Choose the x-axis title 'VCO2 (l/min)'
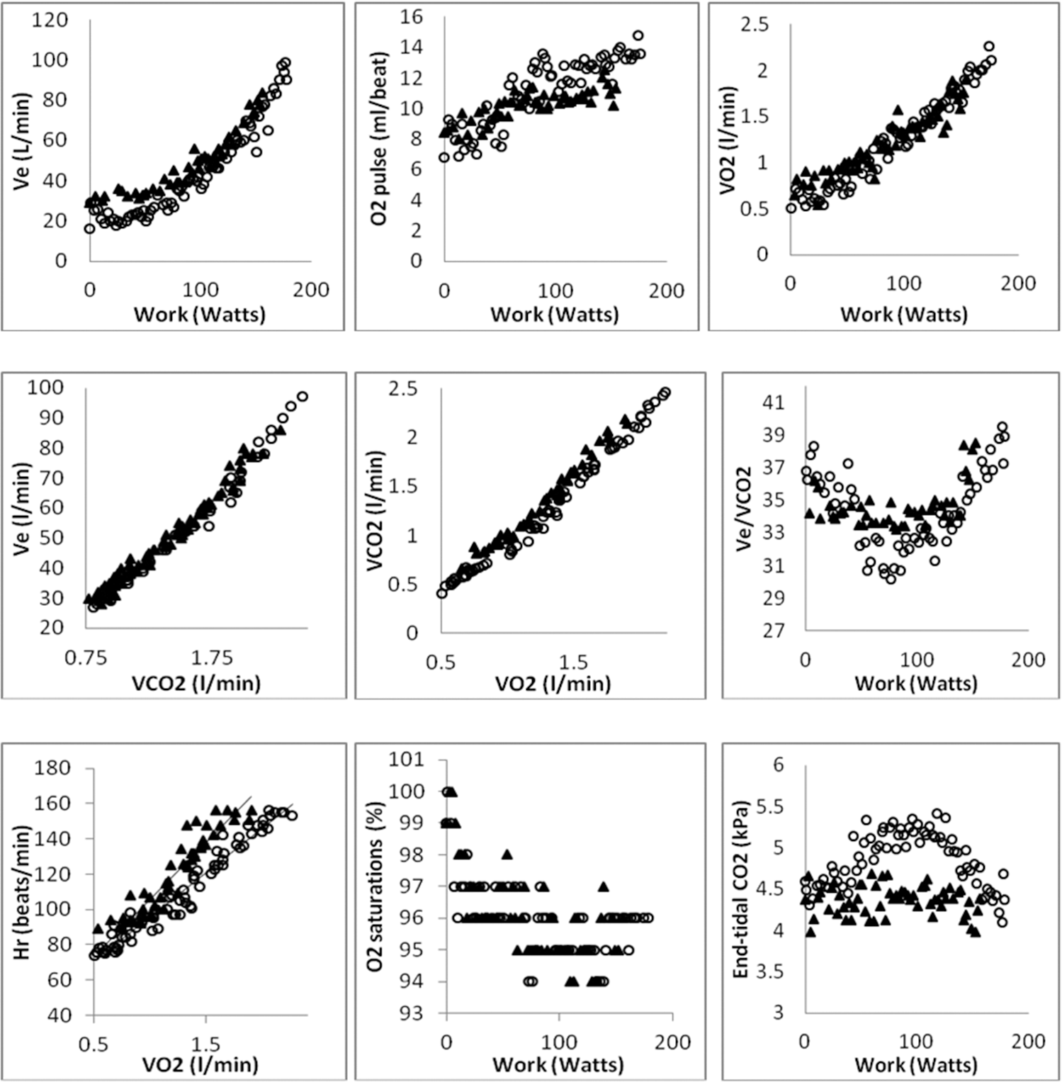click(x=196, y=683)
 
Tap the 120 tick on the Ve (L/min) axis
click(x=50, y=20)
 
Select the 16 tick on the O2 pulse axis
click(x=412, y=17)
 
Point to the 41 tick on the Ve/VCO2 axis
click(x=774, y=402)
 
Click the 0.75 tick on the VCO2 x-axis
click(x=86, y=658)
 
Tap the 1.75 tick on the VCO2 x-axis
click(x=212, y=658)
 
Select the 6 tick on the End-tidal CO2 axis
click(x=779, y=764)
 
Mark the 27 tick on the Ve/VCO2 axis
click(x=774, y=630)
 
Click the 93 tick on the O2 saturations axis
click(x=411, y=1013)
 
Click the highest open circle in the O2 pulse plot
click(x=638, y=35)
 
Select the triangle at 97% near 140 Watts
click(x=603, y=886)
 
